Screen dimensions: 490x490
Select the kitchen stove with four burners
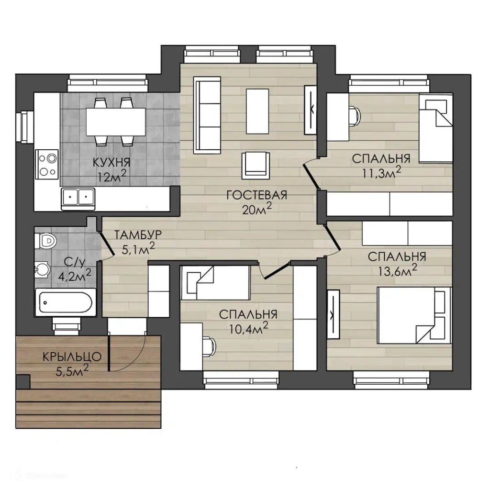pyautogui.click(x=47, y=165)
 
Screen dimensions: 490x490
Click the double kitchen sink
pyautogui.click(x=78, y=199)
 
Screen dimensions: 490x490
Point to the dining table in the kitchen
pyautogui.click(x=116, y=122)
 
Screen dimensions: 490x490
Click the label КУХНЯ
pyautogui.click(x=111, y=163)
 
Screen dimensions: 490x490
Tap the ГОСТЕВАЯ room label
pyautogui.click(x=257, y=195)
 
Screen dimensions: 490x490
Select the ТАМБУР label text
pyautogui.click(x=138, y=234)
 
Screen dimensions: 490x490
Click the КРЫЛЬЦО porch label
pyautogui.click(x=72, y=357)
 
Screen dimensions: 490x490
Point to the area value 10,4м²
pyautogui.click(x=248, y=328)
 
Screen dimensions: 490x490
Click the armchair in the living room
pyautogui.click(x=256, y=166)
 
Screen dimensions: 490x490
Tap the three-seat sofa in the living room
pyautogui.click(x=207, y=115)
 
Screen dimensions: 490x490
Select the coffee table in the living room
pyautogui.click(x=257, y=111)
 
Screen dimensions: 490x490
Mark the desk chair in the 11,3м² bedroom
pyautogui.click(x=355, y=116)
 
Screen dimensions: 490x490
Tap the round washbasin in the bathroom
pyautogui.click(x=42, y=268)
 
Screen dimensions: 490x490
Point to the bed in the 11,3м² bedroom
pyautogui.click(x=435, y=128)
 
